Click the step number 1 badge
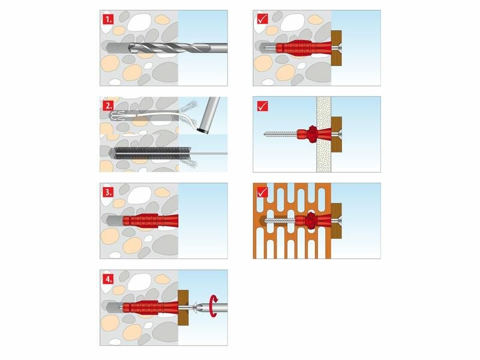point(108,19)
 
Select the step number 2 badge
point(108,106)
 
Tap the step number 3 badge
point(108,192)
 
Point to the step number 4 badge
point(108,279)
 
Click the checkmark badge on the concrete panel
point(262,19)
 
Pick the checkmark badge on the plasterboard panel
point(262,106)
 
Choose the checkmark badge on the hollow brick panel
point(262,192)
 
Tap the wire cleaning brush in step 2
point(152,154)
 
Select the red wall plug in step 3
point(151,221)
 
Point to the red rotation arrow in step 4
point(214,306)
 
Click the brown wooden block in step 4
point(183,307)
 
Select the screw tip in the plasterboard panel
point(265,134)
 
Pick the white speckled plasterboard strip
point(324,134)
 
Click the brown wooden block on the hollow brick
point(337,221)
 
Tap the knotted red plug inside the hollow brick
point(311,220)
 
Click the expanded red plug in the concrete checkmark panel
point(304,48)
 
